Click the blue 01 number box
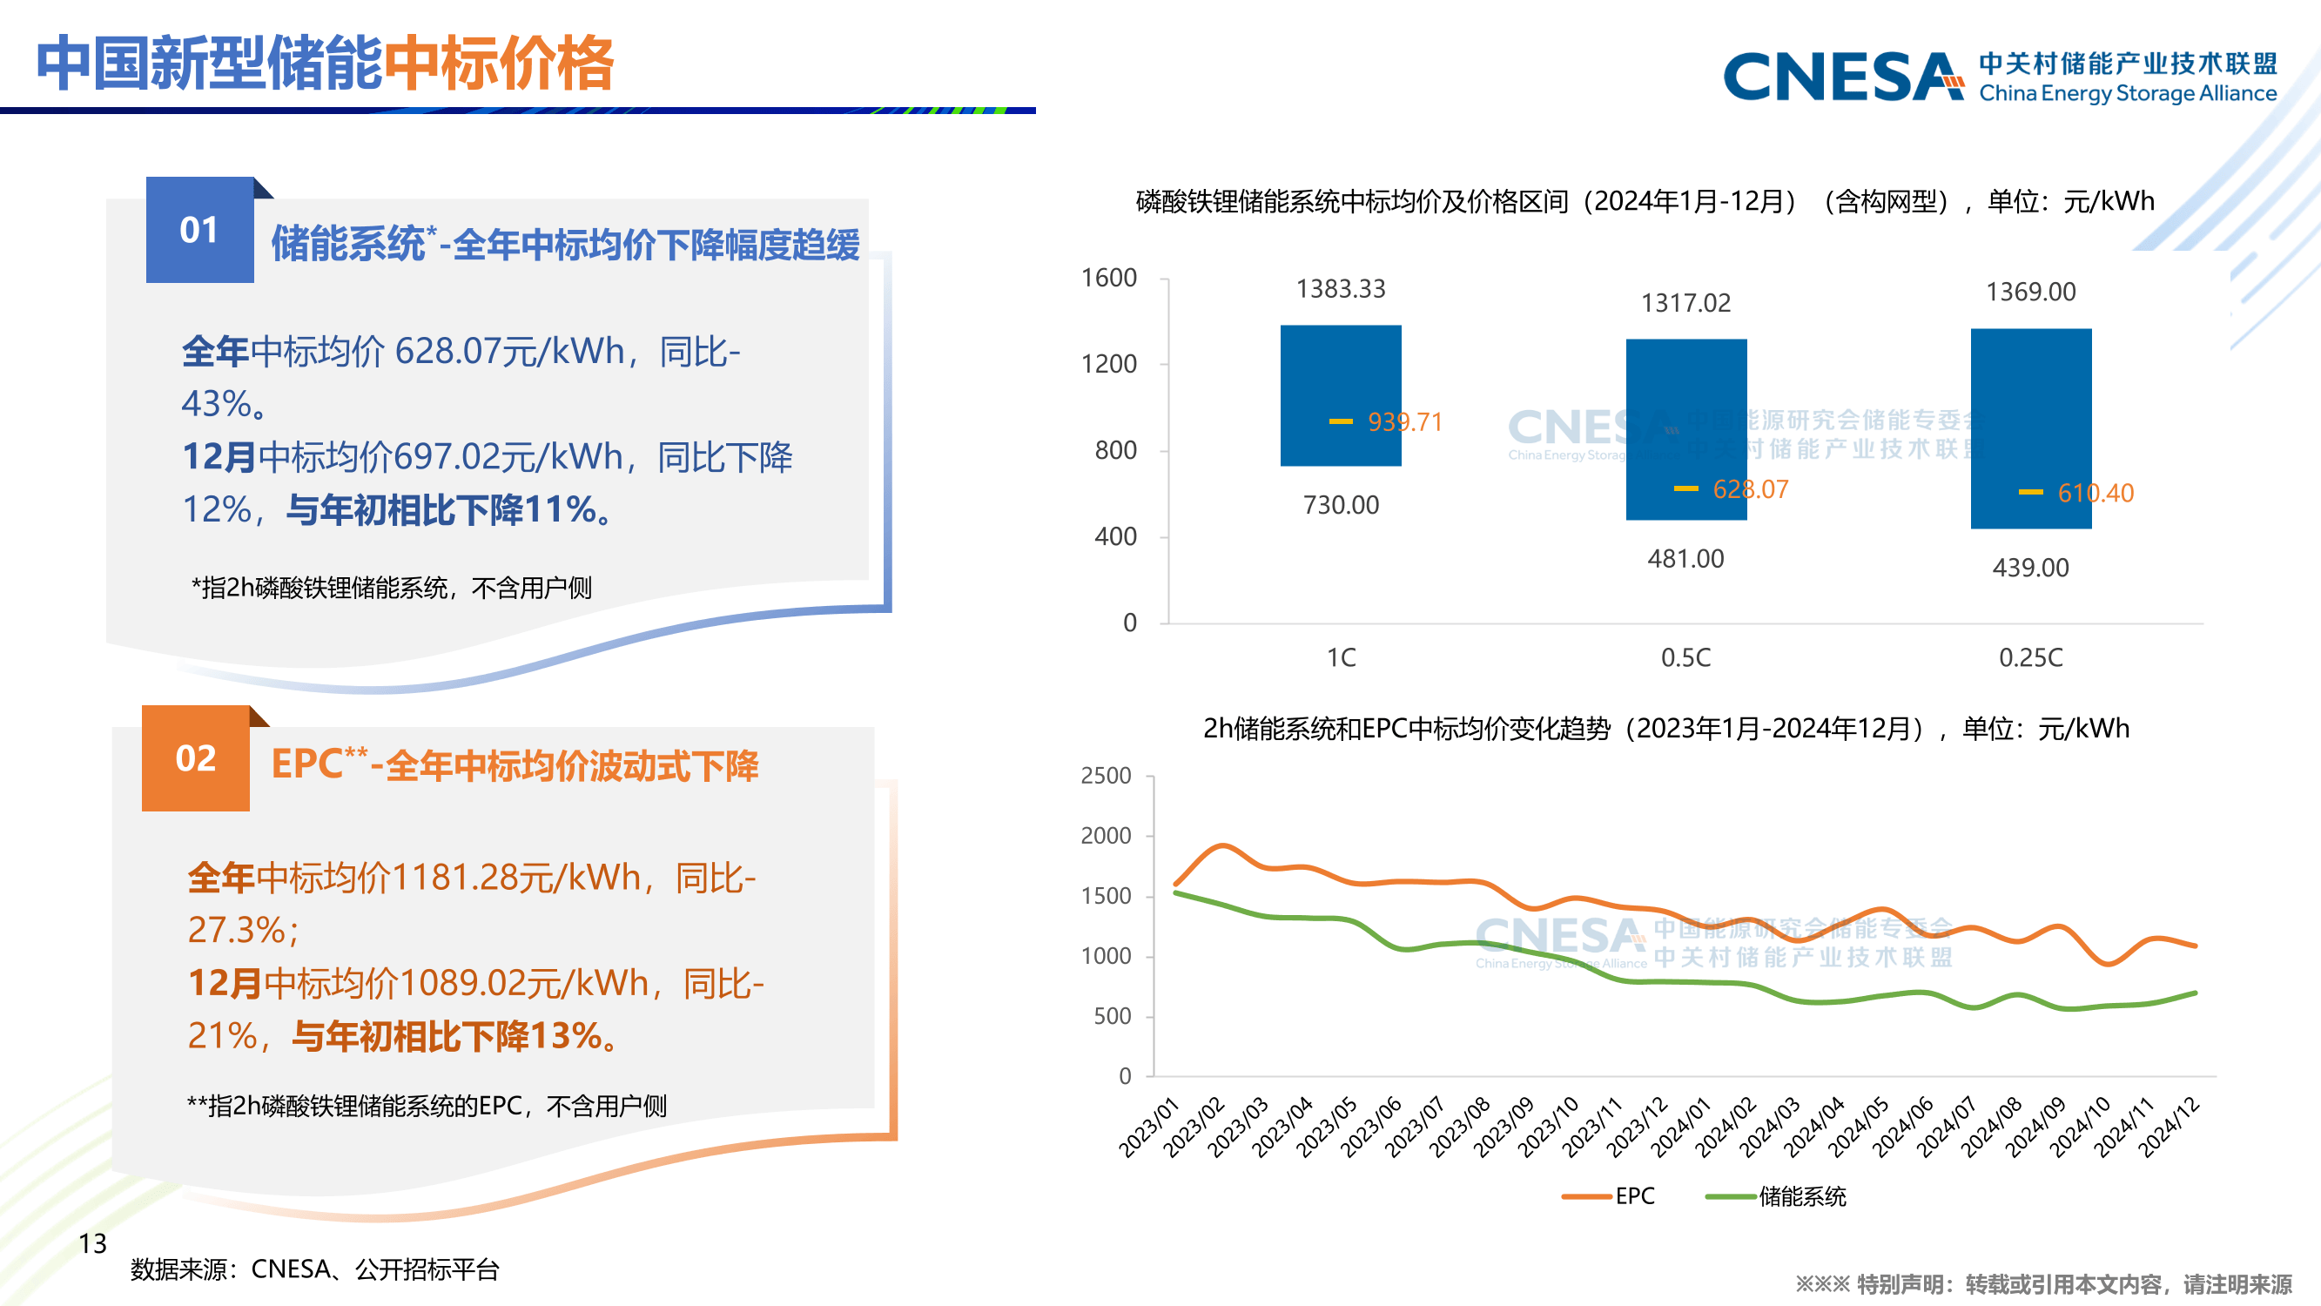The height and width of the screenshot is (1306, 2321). (x=199, y=230)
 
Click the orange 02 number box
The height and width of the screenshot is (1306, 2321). (x=196, y=758)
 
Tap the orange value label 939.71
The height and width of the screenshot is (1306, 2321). (x=1403, y=421)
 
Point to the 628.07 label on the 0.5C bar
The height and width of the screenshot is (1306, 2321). (x=1750, y=489)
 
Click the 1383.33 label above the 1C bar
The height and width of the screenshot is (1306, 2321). (x=1340, y=288)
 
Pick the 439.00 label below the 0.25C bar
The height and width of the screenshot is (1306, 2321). (x=2030, y=568)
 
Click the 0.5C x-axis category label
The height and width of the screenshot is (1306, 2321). (x=1685, y=657)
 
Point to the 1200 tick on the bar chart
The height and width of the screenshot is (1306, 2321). (x=1108, y=364)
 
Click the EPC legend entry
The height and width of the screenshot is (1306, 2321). (x=1610, y=1196)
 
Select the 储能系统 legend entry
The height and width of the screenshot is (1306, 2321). (x=1777, y=1196)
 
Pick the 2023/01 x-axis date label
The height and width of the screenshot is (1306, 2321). (x=1149, y=1127)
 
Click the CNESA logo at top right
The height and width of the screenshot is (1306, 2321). (x=1842, y=77)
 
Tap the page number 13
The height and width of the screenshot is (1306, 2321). (x=92, y=1244)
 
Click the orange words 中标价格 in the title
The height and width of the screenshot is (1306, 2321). (x=498, y=63)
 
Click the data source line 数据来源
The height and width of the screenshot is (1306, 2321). (x=314, y=1269)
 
